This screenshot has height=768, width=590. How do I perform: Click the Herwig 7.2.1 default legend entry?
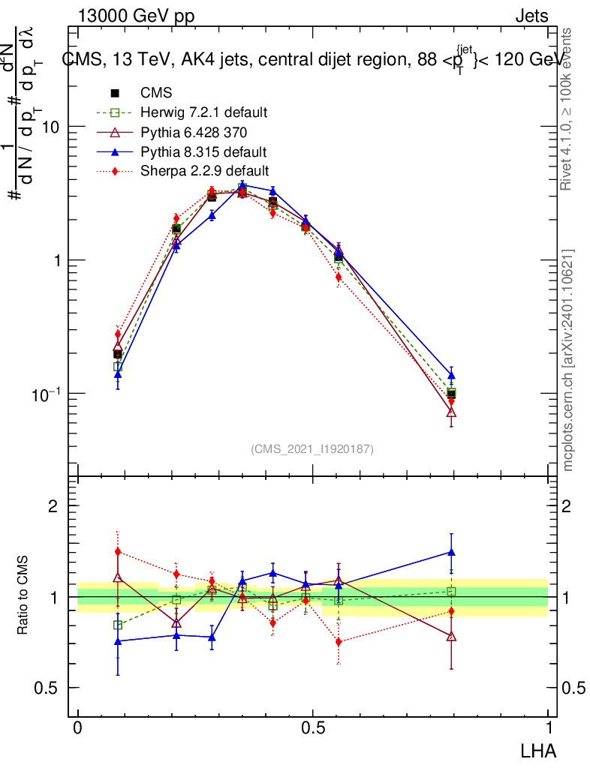pyautogui.click(x=203, y=112)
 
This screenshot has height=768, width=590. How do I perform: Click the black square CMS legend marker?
pyautogui.click(x=116, y=94)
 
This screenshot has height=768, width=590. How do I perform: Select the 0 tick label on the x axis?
pyautogui.click(x=77, y=728)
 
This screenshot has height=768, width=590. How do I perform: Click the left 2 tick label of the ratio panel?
pyautogui.click(x=53, y=505)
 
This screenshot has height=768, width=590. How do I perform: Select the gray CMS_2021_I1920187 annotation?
pyautogui.click(x=312, y=448)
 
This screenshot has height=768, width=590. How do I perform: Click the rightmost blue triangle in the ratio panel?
pyautogui.click(x=451, y=552)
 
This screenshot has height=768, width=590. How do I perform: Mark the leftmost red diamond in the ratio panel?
pyautogui.click(x=118, y=551)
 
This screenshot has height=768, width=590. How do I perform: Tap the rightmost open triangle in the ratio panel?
pyautogui.click(x=451, y=637)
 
